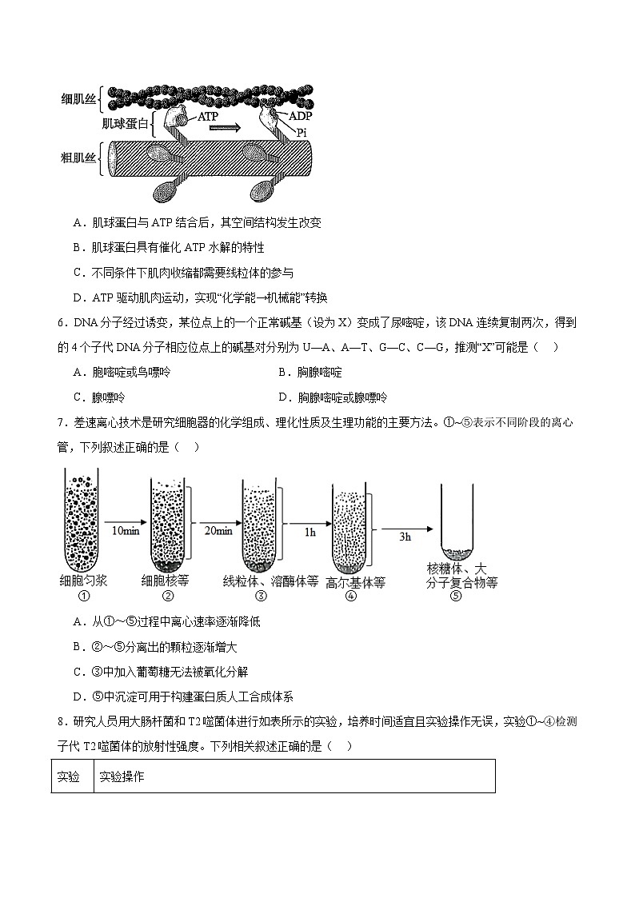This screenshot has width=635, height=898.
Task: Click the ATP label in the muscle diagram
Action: pyautogui.click(x=208, y=116)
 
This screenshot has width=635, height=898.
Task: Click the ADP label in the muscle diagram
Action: pyautogui.click(x=301, y=117)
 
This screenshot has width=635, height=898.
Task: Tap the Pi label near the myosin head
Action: pyautogui.click(x=302, y=132)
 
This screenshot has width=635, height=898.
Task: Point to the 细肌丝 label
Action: pyautogui.click(x=78, y=99)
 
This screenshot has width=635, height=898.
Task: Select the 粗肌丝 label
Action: pyautogui.click(x=78, y=157)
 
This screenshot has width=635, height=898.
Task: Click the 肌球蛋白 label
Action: pyautogui.click(x=125, y=123)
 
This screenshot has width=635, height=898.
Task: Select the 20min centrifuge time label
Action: pyautogui.click(x=218, y=530)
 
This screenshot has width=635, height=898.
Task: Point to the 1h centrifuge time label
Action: pyautogui.click(x=308, y=530)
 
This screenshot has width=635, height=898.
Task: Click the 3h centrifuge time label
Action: pyautogui.click(x=405, y=537)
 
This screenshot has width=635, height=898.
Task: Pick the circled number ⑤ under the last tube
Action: pyautogui.click(x=456, y=596)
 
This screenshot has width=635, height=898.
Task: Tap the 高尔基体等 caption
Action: pyautogui.click(x=355, y=583)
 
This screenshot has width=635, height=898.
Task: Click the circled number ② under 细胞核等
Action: pyautogui.click(x=168, y=596)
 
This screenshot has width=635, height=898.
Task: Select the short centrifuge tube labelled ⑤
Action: pyautogui.click(x=457, y=524)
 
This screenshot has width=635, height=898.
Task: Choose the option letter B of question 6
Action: pyautogui.click(x=282, y=372)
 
